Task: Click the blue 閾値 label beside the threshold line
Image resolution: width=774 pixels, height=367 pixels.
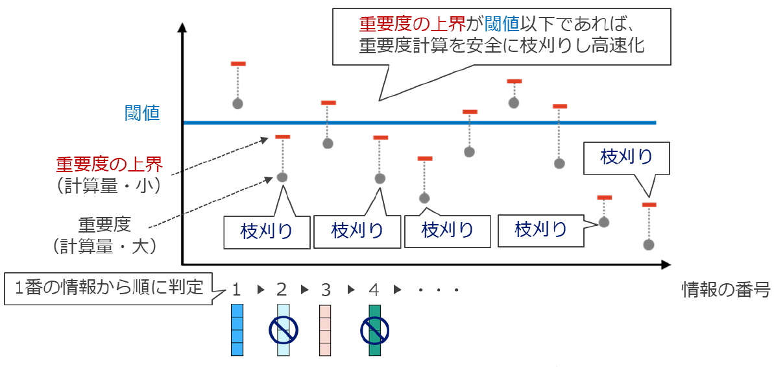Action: click(142, 113)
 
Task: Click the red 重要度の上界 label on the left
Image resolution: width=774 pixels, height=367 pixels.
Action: click(108, 164)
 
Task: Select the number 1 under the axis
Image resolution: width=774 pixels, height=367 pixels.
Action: click(236, 289)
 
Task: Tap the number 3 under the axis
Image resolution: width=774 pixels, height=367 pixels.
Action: click(326, 289)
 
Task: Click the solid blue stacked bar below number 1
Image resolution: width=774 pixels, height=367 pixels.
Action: click(237, 330)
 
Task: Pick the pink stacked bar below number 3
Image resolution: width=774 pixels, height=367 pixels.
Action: click(325, 330)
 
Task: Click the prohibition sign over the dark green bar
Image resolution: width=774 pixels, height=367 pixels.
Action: click(374, 331)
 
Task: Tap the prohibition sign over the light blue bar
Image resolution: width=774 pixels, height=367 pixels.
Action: click(283, 331)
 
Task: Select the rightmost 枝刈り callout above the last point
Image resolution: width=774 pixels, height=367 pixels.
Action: click(626, 157)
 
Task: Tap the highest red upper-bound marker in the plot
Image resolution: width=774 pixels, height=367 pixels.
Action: click(238, 64)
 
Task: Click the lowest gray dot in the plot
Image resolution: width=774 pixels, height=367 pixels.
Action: click(648, 245)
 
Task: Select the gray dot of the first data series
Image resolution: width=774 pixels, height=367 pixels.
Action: click(237, 103)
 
